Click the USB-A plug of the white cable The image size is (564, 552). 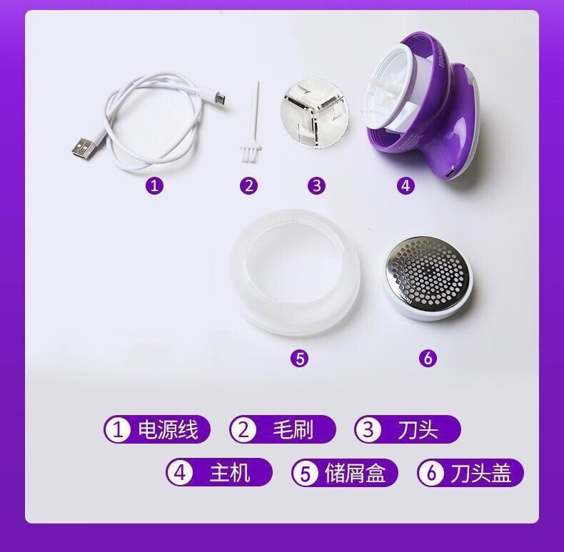click(x=84, y=148)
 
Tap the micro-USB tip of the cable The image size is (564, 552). click(x=222, y=98)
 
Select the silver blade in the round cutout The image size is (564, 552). click(x=314, y=113)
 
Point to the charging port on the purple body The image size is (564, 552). click(x=450, y=175)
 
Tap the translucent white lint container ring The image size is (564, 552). click(x=295, y=273)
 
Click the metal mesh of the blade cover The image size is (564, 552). click(x=428, y=271)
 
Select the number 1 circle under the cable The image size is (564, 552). click(x=155, y=186)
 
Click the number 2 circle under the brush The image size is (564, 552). click(x=249, y=186)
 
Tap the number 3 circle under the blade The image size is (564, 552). click(x=316, y=186)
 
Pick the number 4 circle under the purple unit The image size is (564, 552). click(x=406, y=186)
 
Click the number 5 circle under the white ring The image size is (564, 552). click(x=300, y=358)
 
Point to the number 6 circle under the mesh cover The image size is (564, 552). click(x=428, y=358)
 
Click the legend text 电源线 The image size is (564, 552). click(x=168, y=429)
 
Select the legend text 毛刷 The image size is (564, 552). click(x=293, y=429)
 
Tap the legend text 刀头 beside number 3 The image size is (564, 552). click(x=418, y=429)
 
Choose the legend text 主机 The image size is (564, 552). click(x=230, y=473)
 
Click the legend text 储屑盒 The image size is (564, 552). click(x=356, y=473)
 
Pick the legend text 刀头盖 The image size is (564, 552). click(x=481, y=473)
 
